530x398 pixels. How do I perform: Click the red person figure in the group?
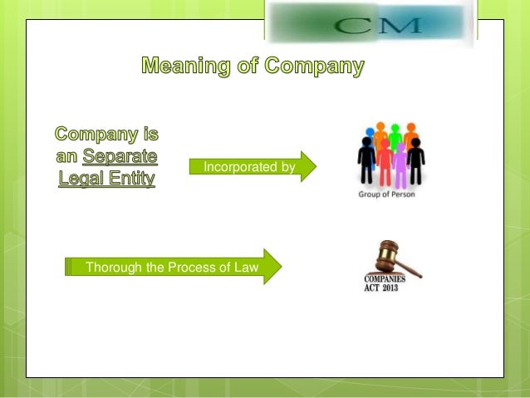(x=385, y=159)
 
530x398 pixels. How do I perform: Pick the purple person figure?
(x=400, y=165)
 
